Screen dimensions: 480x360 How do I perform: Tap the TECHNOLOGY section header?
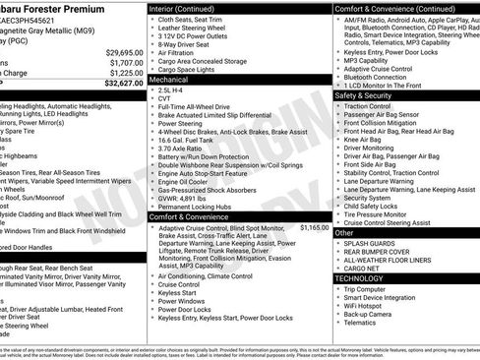pyautogui.click(x=360, y=278)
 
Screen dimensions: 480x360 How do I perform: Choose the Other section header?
pyautogui.click(x=345, y=233)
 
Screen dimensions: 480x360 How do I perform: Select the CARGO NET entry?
pyautogui.click(x=361, y=269)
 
